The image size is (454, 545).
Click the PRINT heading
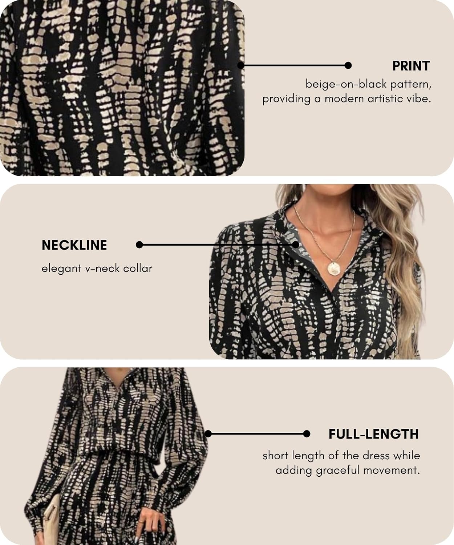pyautogui.click(x=411, y=66)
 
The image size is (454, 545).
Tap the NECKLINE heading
pyautogui.click(x=74, y=245)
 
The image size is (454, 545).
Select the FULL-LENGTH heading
pyautogui.click(x=374, y=434)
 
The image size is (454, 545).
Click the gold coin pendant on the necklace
pyautogui.click(x=334, y=269)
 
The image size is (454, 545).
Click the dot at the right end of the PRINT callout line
pyautogui.click(x=348, y=65)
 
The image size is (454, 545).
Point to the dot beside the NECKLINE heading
pyautogui.click(x=139, y=245)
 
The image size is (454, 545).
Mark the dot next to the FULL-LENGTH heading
pyautogui.click(x=307, y=434)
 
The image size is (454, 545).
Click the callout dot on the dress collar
pyautogui.click(x=296, y=245)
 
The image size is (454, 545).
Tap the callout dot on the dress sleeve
pyautogui.click(x=208, y=434)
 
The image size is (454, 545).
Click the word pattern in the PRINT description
pyautogui.click(x=411, y=84)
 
